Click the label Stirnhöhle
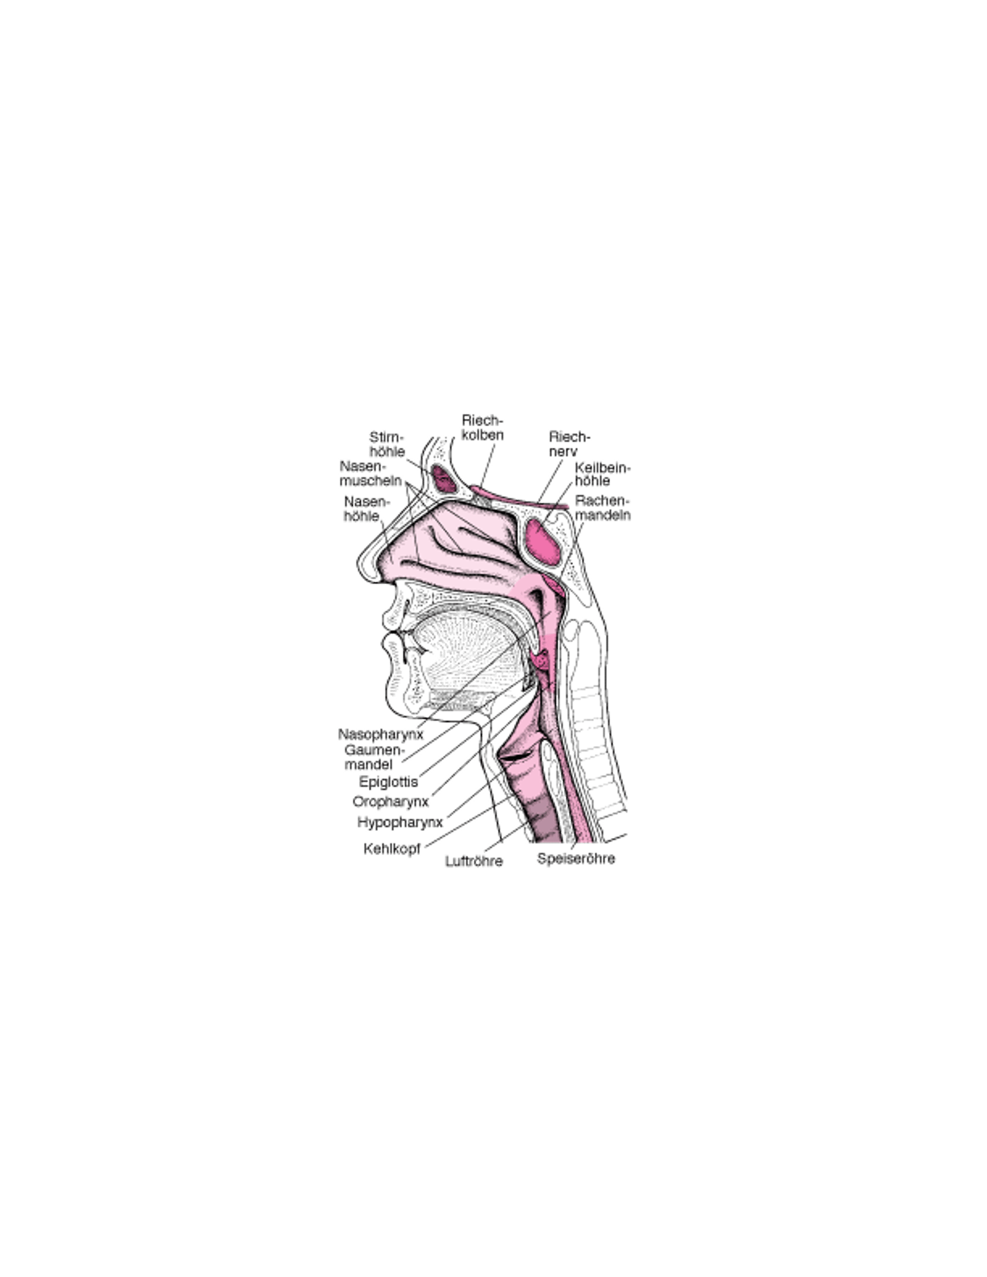click(387, 444)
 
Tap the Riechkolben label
click(482, 427)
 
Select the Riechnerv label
click(570, 444)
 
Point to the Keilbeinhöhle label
click(603, 474)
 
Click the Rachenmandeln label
click(603, 507)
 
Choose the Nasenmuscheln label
click(371, 473)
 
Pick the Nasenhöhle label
click(366, 509)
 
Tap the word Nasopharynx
click(380, 735)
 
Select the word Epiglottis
click(389, 782)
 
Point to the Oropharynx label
click(391, 801)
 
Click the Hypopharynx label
click(400, 822)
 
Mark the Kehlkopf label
click(392, 849)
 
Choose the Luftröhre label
click(474, 861)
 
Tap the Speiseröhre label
click(576, 859)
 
